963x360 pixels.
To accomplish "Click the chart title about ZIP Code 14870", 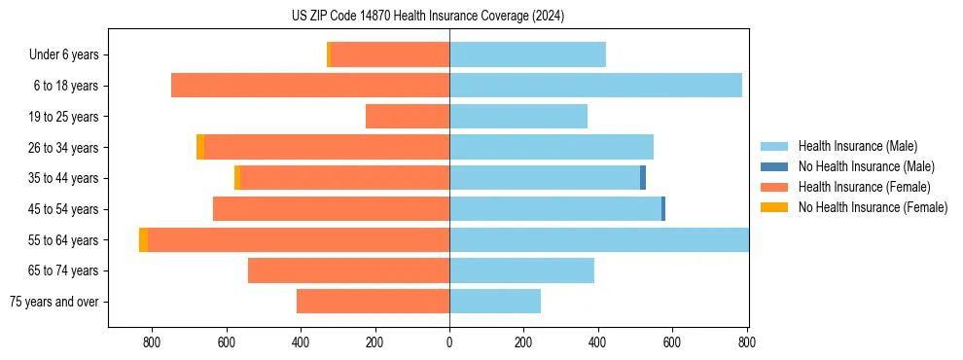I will [x=427, y=17].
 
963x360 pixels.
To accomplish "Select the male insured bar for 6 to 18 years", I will [x=595, y=86].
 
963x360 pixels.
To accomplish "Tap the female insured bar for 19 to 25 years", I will [x=407, y=117].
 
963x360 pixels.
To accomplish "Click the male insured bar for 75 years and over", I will [x=494, y=302].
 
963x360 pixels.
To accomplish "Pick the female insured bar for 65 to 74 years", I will [x=348, y=270].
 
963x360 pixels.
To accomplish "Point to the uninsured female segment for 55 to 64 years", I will [x=144, y=240].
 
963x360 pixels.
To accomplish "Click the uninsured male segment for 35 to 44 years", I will [x=643, y=178].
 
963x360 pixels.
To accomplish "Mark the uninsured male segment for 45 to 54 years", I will [x=663, y=209].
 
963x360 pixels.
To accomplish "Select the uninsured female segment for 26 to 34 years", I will [x=200, y=147].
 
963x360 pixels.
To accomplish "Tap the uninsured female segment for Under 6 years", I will [x=329, y=54].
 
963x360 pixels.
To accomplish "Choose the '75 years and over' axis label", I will [x=54, y=302].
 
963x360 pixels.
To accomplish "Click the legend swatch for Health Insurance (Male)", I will [x=774, y=146].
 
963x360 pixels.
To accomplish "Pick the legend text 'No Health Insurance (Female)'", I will [x=873, y=207].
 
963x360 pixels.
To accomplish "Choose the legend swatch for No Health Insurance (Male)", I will [x=774, y=166].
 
